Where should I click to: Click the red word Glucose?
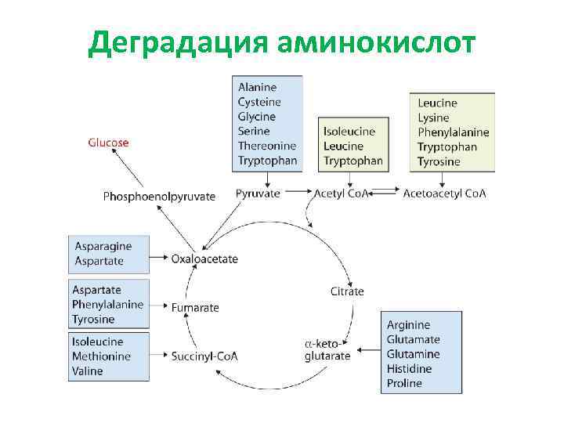pos(108,143)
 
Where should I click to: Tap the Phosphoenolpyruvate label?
pos(159,196)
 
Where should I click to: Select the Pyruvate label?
pos(258,193)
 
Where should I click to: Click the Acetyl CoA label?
pos(340,193)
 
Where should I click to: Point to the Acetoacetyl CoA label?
pos(444,193)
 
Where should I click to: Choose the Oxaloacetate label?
pos(204,258)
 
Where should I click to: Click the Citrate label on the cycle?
pos(347,291)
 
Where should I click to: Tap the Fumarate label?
pos(195,308)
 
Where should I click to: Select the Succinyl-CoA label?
pos(204,356)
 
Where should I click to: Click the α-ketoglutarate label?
pos(327,349)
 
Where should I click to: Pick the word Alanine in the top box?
pos(257,87)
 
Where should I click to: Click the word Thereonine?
pos(267,146)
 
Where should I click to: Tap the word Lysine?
pos(433,117)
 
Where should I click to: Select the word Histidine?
pos(408,369)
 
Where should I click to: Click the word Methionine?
pos(101,356)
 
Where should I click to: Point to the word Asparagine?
pos(103,246)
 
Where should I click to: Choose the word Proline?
pos(404,383)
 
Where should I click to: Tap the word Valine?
pos(88,371)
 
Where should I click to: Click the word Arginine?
pos(408,325)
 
